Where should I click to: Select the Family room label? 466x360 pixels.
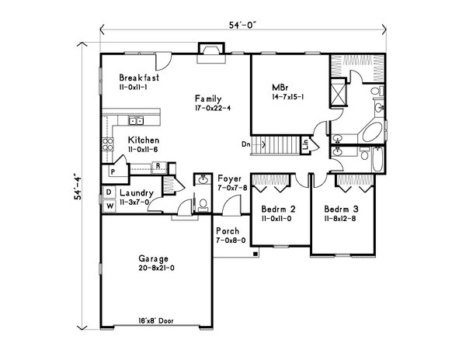tap(209, 99)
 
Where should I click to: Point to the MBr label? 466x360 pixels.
tap(280, 87)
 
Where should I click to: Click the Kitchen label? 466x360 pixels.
tap(144, 140)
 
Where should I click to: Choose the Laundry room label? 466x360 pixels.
tap(136, 192)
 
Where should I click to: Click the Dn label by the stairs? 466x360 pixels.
tap(245, 144)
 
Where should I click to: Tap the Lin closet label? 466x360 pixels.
tap(308, 144)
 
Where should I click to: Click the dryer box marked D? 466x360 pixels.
tap(109, 192)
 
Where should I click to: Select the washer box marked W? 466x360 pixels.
tap(109, 205)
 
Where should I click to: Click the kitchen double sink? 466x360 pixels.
tap(135, 120)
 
